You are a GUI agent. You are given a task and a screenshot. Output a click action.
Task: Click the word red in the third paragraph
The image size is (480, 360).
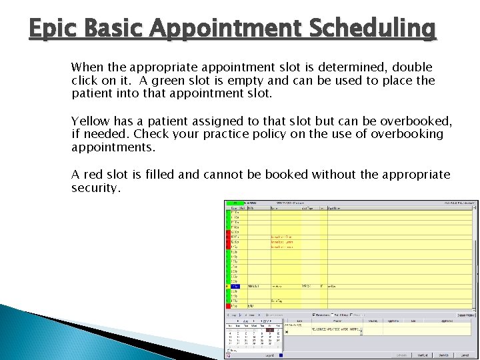click(x=93, y=175)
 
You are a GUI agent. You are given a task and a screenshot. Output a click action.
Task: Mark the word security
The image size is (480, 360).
click(x=96, y=188)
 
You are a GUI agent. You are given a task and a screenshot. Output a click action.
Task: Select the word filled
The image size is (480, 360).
click(x=161, y=175)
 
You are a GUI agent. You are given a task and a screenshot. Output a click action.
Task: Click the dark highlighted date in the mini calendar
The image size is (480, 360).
click(x=269, y=329)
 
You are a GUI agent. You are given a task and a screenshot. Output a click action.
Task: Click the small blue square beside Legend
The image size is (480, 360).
click(x=281, y=356)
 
